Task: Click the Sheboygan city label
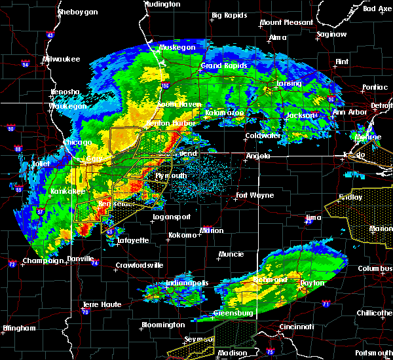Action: point(77,12)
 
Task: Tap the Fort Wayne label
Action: point(255,195)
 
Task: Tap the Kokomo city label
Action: point(183,235)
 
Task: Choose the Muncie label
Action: point(232,254)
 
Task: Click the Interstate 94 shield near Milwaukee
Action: point(26,64)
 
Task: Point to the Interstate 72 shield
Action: point(11,264)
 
